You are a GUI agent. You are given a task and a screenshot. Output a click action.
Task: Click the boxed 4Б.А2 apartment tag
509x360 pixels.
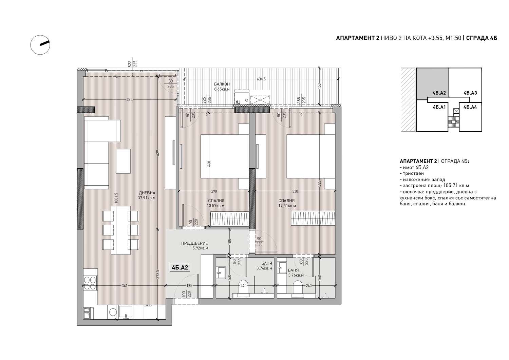point(180,267)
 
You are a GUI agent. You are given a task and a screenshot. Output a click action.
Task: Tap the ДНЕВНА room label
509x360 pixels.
point(147,193)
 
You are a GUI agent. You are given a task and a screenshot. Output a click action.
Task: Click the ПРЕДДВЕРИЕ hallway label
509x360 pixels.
point(194,243)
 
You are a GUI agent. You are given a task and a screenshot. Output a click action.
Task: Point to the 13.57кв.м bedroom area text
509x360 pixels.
point(215,206)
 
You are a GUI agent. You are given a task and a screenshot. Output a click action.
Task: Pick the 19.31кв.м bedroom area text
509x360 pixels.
point(287,206)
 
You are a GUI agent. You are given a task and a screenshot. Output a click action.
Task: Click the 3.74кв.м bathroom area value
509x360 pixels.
point(264,268)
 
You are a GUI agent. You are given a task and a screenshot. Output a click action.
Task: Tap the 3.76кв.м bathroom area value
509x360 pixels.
point(296,275)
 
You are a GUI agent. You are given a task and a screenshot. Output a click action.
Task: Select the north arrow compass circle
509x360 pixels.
point(40,45)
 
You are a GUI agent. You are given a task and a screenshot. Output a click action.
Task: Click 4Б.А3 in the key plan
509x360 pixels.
point(470,93)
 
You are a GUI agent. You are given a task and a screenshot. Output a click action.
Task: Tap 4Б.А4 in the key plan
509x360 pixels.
point(470,107)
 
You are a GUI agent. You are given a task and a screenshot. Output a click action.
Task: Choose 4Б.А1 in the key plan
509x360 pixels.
point(439,107)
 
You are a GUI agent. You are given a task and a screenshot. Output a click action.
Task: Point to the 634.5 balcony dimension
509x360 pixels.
point(261,79)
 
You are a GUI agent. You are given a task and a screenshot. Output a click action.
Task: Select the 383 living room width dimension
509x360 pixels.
point(130,99)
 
